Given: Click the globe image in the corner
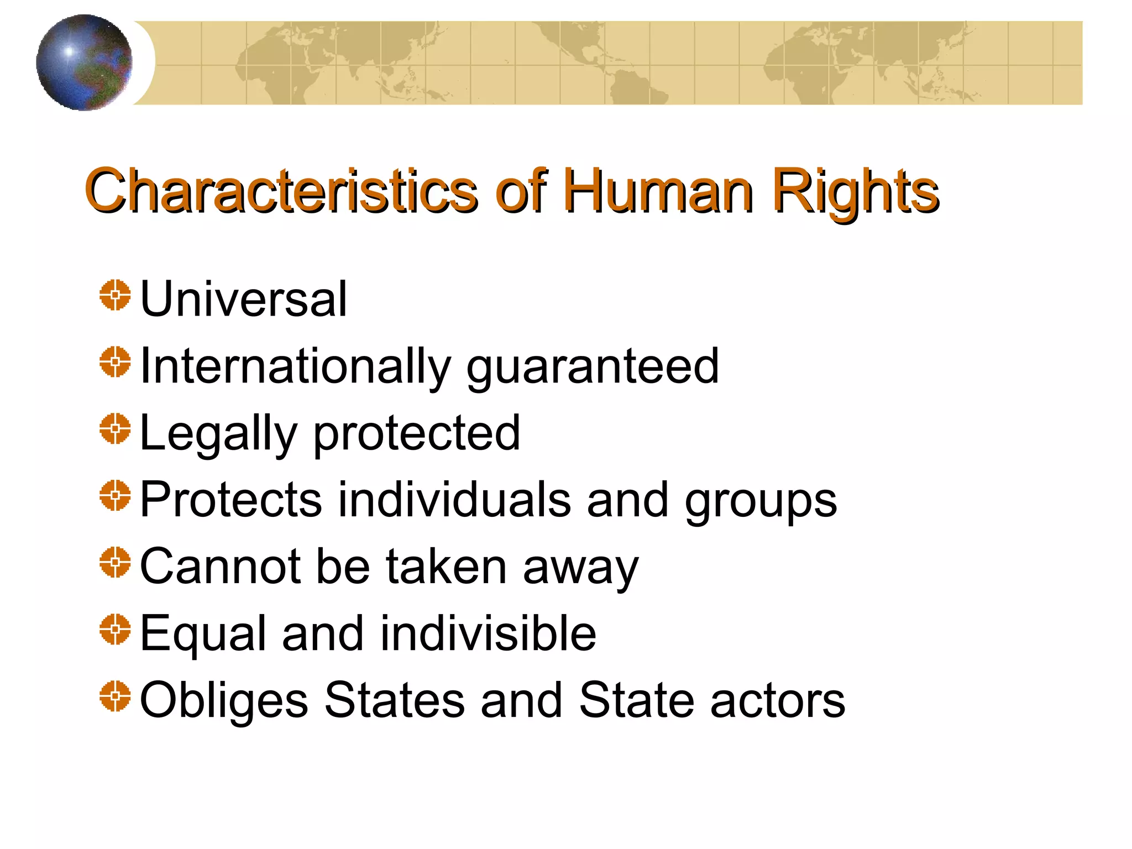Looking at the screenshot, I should click(84, 62).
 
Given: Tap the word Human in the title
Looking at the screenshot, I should click(658, 191).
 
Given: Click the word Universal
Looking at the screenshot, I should click(244, 299).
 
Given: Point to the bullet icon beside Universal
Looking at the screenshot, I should click(115, 295).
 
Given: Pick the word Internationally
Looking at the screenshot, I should click(296, 366).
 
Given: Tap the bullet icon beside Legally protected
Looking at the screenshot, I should click(115, 428).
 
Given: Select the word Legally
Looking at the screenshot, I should click(219, 434).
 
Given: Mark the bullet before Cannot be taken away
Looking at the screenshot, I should click(115, 562).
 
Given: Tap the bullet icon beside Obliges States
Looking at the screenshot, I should click(115, 696).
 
